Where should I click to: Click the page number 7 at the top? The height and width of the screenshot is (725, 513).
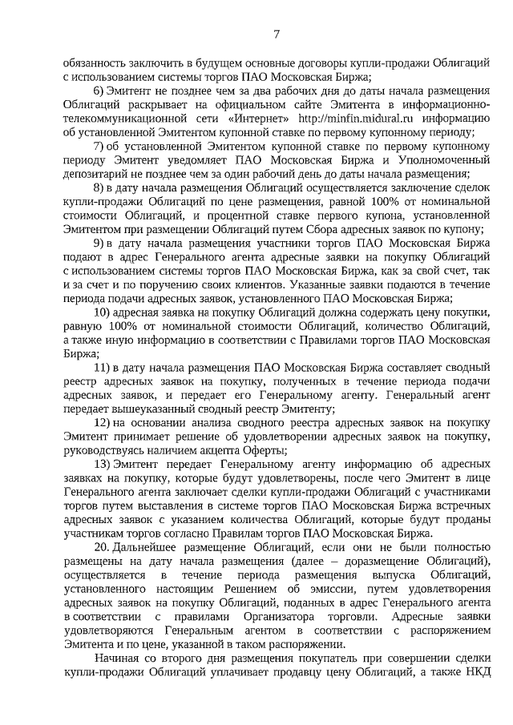pyautogui.click(x=276, y=34)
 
